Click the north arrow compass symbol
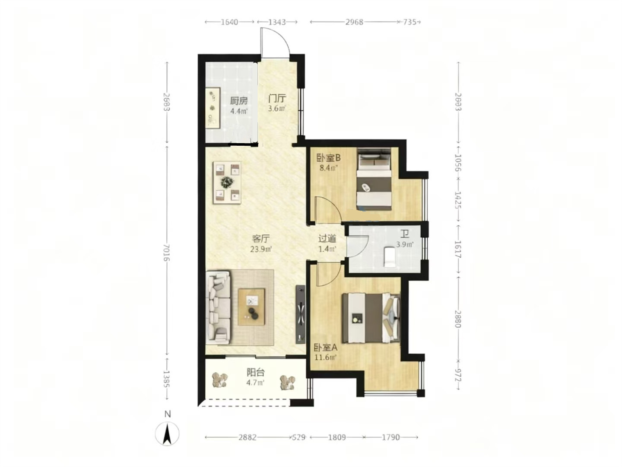click(167, 434)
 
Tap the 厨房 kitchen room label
click(238, 101)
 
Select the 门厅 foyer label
click(277, 99)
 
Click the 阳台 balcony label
click(256, 372)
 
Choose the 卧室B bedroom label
click(328, 157)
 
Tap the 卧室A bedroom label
click(326, 347)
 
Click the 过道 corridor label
click(327, 239)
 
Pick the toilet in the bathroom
click(389, 257)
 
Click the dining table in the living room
click(227, 182)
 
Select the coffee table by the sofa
click(251, 307)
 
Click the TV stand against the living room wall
click(301, 314)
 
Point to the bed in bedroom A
click(371, 318)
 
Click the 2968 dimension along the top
click(354, 22)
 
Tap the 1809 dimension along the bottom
click(336, 438)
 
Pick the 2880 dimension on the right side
click(458, 319)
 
